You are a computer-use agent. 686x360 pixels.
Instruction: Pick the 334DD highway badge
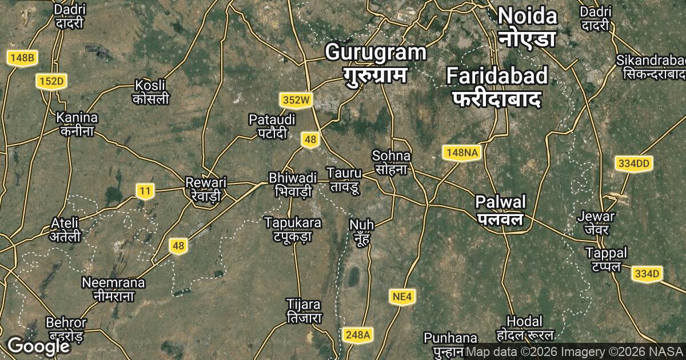pos(634,164)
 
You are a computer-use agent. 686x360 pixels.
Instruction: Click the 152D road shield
pos(51,82)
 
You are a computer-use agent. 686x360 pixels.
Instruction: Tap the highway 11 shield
pos(145,191)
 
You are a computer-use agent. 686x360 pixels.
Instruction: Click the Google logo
pos(38,346)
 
